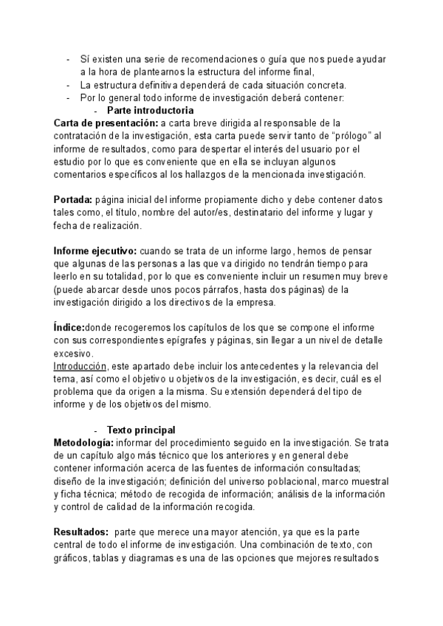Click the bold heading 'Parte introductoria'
[151, 110]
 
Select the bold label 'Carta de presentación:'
[106, 123]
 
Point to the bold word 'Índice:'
[69, 328]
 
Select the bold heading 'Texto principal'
[141, 430]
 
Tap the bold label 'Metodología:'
[83, 441]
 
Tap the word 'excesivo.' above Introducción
[74, 353]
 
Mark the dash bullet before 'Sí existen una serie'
[68, 59]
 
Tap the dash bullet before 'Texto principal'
[97, 430]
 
